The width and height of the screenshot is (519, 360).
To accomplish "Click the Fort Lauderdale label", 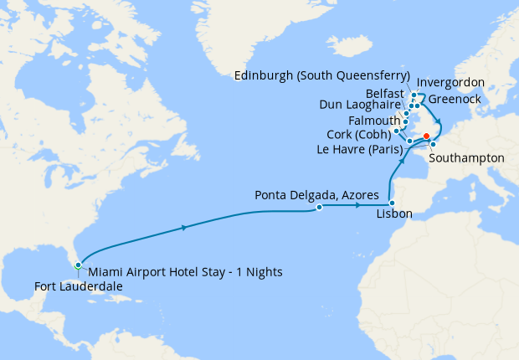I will (79, 286).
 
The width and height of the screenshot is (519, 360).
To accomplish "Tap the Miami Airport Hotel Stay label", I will (185, 272).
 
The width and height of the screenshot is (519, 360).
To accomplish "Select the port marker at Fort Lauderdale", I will (78, 265).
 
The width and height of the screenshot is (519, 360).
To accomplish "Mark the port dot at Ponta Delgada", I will (319, 208).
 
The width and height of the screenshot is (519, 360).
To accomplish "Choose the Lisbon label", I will (394, 214).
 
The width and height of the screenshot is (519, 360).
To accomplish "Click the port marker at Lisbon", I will (392, 203).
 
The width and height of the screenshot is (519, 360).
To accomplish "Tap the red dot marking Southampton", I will (426, 136).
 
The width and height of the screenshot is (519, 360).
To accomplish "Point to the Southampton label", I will (465, 157).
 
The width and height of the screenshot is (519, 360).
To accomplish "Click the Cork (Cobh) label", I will (357, 135).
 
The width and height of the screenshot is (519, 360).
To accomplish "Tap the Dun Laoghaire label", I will (361, 105).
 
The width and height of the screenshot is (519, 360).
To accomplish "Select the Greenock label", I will (457, 99).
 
